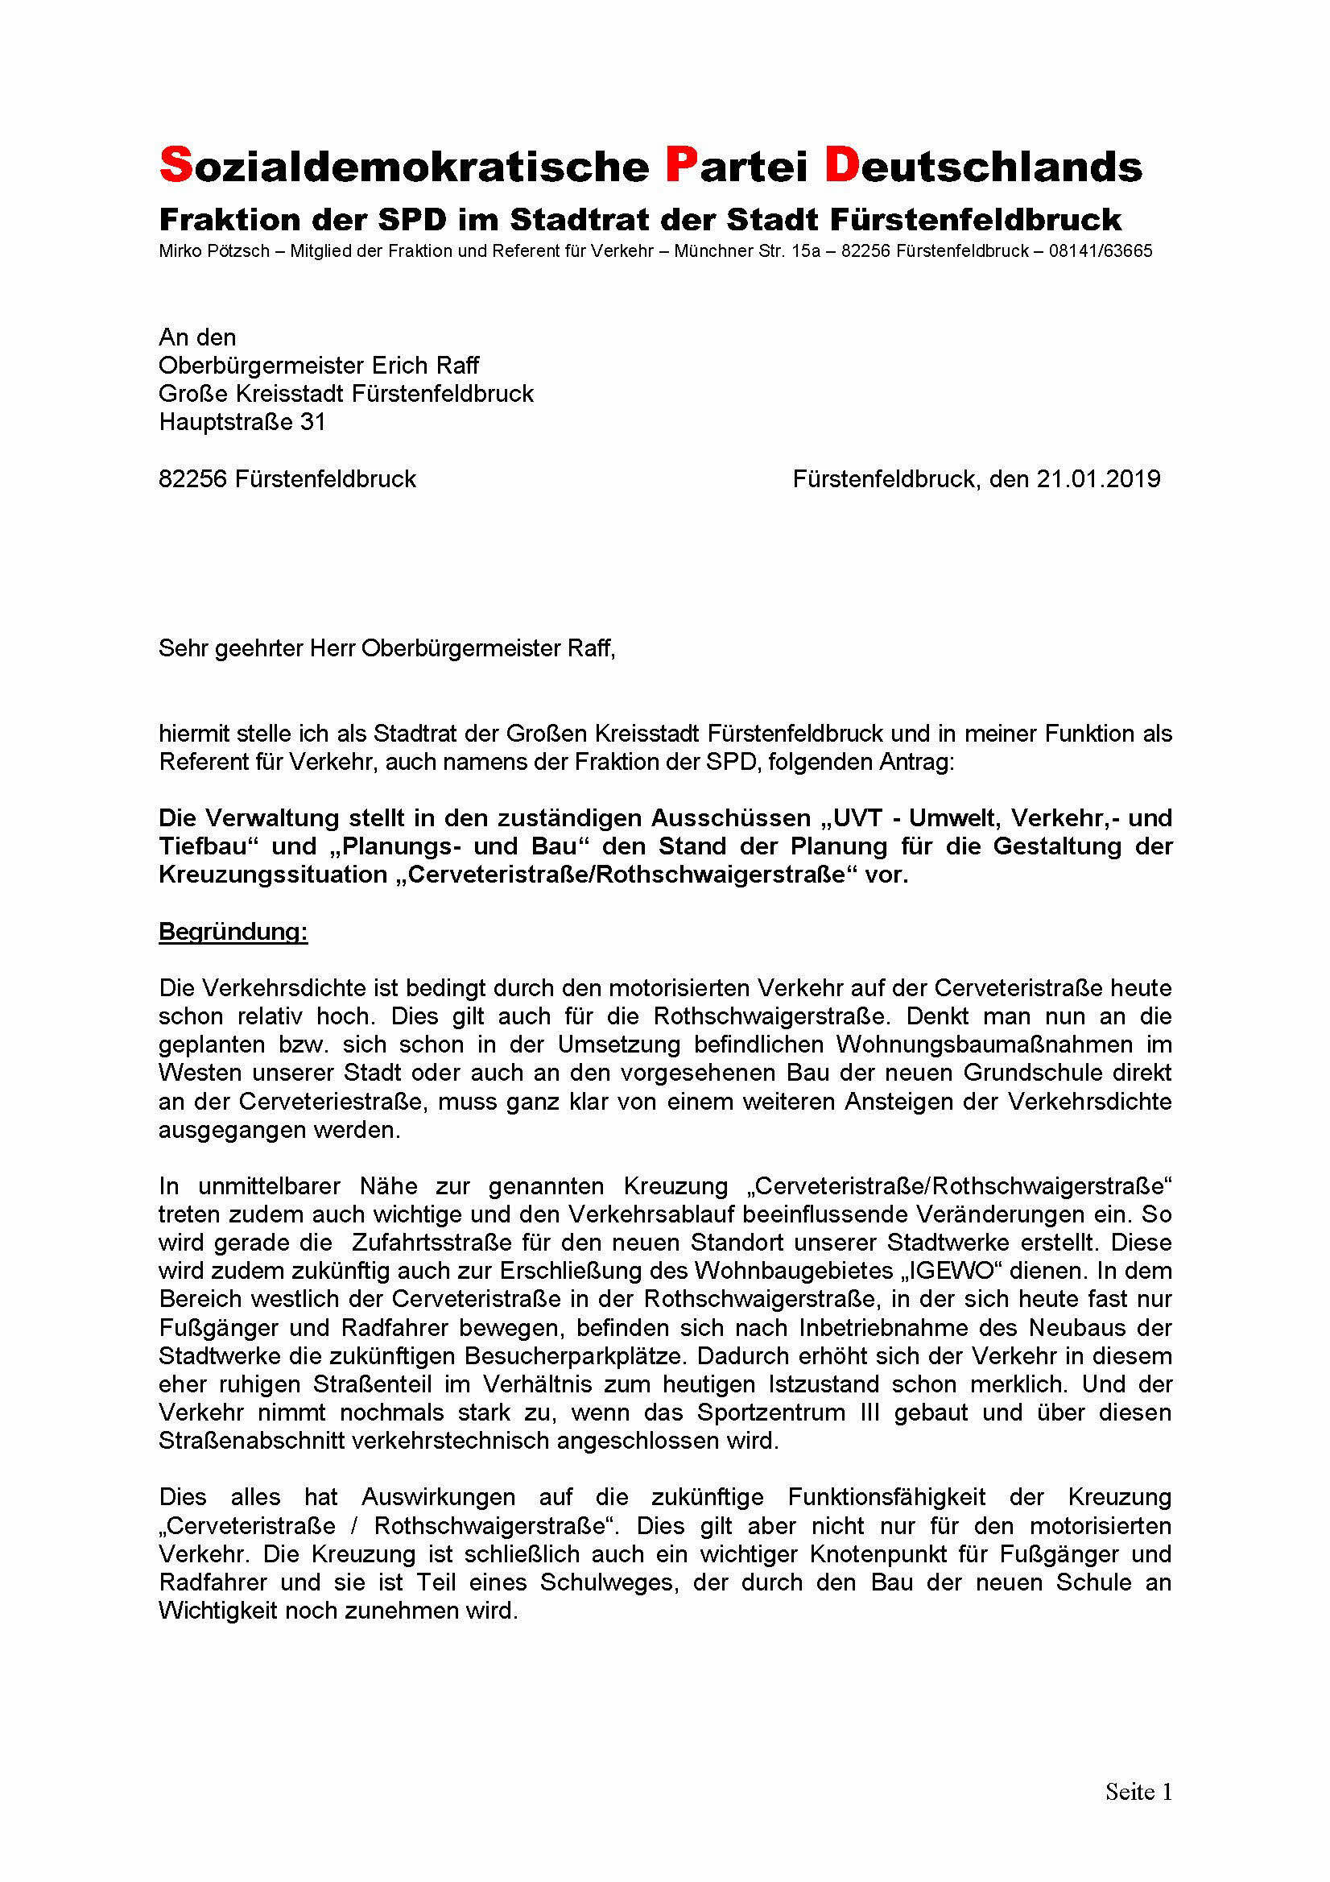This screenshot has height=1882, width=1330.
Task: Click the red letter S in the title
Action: [175, 165]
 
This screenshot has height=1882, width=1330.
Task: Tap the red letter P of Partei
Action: [680, 165]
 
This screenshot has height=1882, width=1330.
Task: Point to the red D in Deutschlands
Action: [841, 165]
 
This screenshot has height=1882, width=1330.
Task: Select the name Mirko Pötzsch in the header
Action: [214, 251]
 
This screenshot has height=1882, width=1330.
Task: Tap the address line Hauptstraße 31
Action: [242, 422]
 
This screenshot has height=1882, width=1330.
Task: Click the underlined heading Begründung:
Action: [233, 932]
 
